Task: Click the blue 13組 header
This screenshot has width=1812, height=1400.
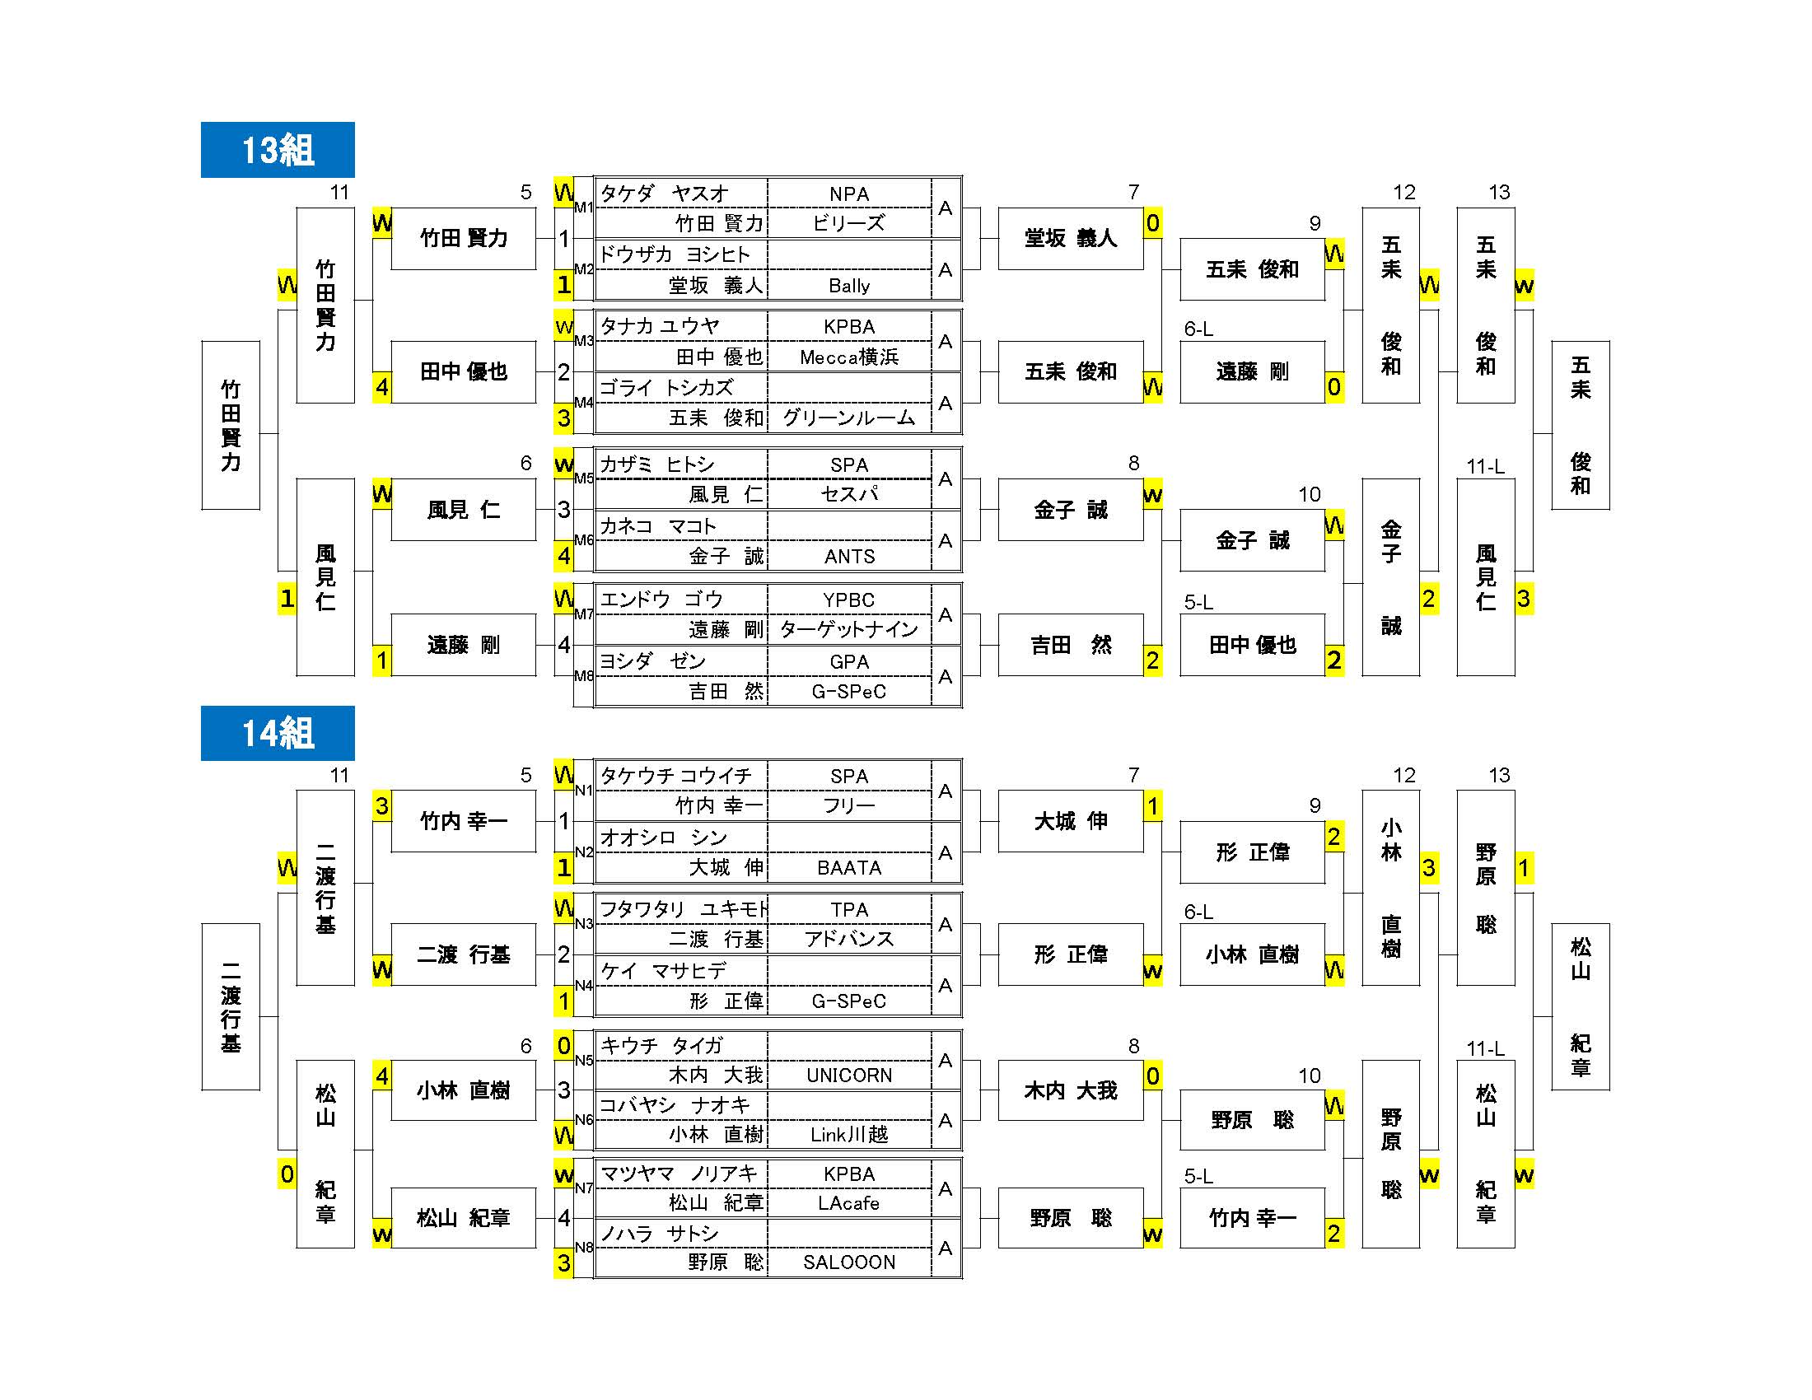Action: coord(277,150)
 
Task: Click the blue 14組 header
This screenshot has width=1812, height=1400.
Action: coord(277,733)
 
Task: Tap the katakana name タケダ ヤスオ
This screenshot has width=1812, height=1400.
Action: coord(664,194)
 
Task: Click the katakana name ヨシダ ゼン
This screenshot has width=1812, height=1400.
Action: coord(652,661)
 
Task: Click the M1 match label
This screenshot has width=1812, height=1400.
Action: coord(584,207)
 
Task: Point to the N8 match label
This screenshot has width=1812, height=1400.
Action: coord(584,1248)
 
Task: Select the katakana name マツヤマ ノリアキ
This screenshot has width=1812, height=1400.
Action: coord(679,1174)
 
